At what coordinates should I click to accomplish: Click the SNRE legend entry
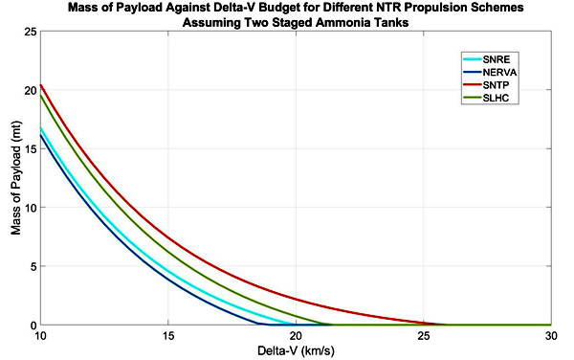tap(487, 59)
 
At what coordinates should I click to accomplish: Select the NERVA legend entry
tap(490, 72)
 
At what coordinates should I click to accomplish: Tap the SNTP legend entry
tap(486, 85)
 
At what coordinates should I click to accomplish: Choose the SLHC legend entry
tap(486, 98)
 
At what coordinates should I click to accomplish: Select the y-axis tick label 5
tap(33, 266)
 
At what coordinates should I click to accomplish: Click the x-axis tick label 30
tap(551, 336)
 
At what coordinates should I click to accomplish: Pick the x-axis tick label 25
tap(423, 336)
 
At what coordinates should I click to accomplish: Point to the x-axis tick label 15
tap(168, 336)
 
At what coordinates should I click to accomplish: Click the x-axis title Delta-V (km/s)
tap(296, 351)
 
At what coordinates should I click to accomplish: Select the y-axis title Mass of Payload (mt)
tap(15, 178)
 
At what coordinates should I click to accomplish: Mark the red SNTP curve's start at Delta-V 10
tap(40, 85)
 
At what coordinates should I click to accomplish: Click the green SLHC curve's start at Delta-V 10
tap(40, 96)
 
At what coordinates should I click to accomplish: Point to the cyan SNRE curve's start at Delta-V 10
tap(40, 128)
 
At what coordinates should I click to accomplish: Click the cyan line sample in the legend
tap(473, 59)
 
